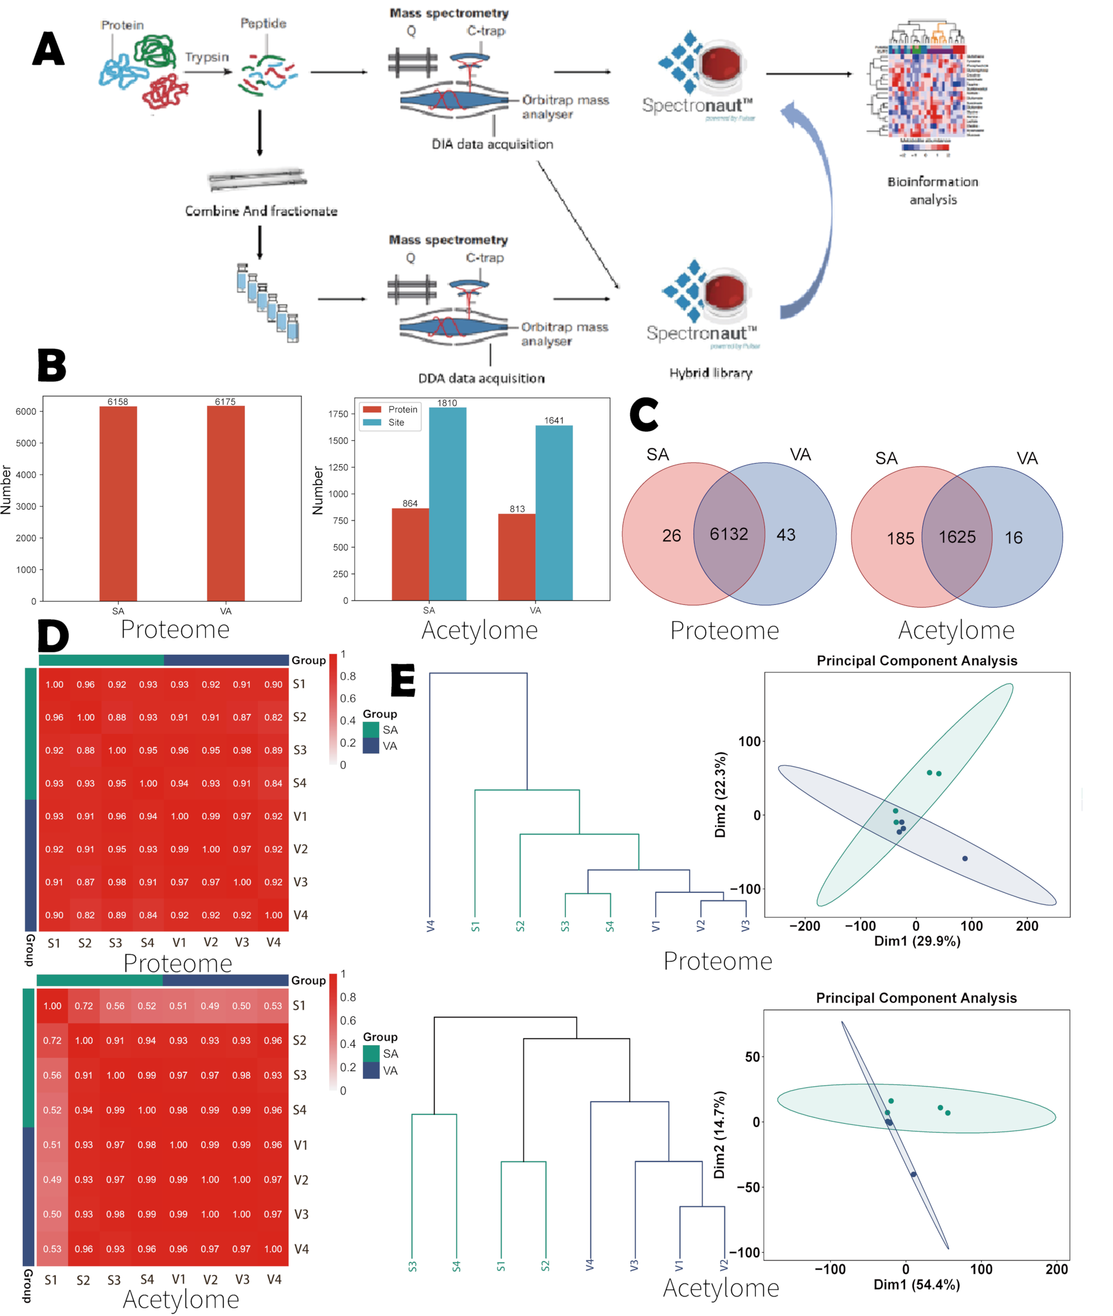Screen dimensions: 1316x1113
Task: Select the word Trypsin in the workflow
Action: (206, 58)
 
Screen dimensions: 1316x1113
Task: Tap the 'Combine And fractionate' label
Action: (261, 211)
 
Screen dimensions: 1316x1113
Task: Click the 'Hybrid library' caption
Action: (711, 373)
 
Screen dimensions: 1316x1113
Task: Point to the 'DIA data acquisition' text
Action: (492, 145)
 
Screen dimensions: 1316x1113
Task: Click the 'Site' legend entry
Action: (396, 423)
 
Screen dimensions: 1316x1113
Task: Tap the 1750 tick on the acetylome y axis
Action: (338, 414)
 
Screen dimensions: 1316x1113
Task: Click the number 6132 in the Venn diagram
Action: (729, 534)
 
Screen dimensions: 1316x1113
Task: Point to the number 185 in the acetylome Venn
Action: (900, 538)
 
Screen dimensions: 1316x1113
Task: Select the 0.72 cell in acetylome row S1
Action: (84, 1006)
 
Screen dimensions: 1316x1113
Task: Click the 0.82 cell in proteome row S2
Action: (273, 718)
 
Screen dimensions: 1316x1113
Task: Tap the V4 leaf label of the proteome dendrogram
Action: (430, 926)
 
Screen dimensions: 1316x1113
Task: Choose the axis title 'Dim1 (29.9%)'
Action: (917, 942)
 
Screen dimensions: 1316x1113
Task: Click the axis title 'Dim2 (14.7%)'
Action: (719, 1134)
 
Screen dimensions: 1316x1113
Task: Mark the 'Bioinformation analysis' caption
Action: (932, 191)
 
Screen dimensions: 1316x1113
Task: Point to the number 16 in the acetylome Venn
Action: (1013, 538)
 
